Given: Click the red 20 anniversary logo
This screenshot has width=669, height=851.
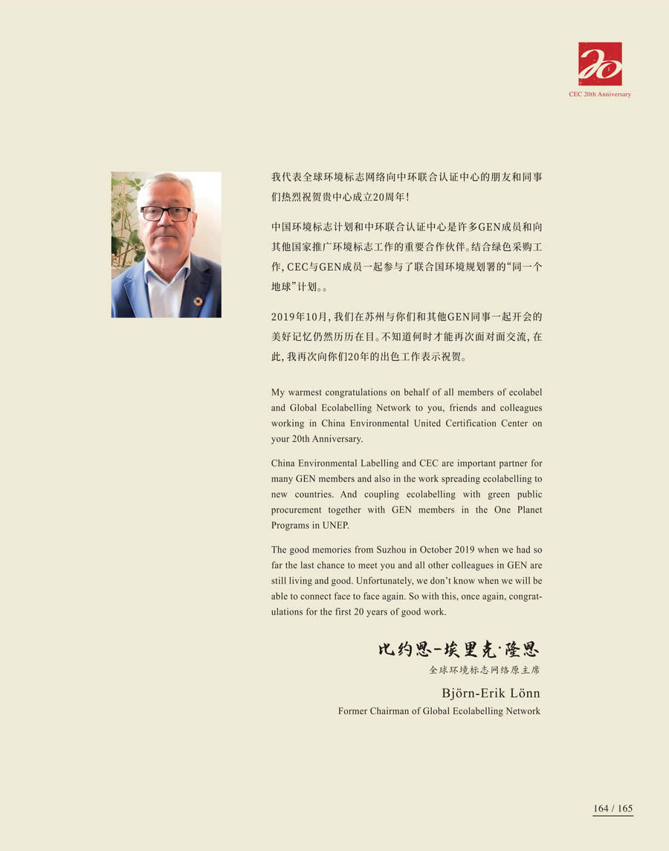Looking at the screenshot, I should point(600,64).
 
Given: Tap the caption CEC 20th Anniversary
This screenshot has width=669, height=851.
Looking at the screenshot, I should point(599,94).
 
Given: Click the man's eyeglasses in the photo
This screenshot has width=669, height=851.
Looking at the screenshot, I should point(166,213).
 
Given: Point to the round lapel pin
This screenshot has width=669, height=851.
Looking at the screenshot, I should point(198,301).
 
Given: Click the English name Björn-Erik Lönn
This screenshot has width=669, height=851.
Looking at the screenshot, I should point(491,694).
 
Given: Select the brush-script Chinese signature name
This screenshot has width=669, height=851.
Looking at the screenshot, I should point(458,649).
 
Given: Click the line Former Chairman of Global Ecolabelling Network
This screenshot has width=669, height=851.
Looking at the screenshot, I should point(439,711).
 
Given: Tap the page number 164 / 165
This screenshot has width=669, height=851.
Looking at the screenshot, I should point(613,809).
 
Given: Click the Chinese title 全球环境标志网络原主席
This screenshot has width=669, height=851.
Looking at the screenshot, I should point(484,670).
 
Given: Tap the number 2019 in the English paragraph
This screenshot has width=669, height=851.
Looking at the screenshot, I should point(453,550).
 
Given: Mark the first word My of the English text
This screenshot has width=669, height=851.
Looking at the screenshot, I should point(278,392).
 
